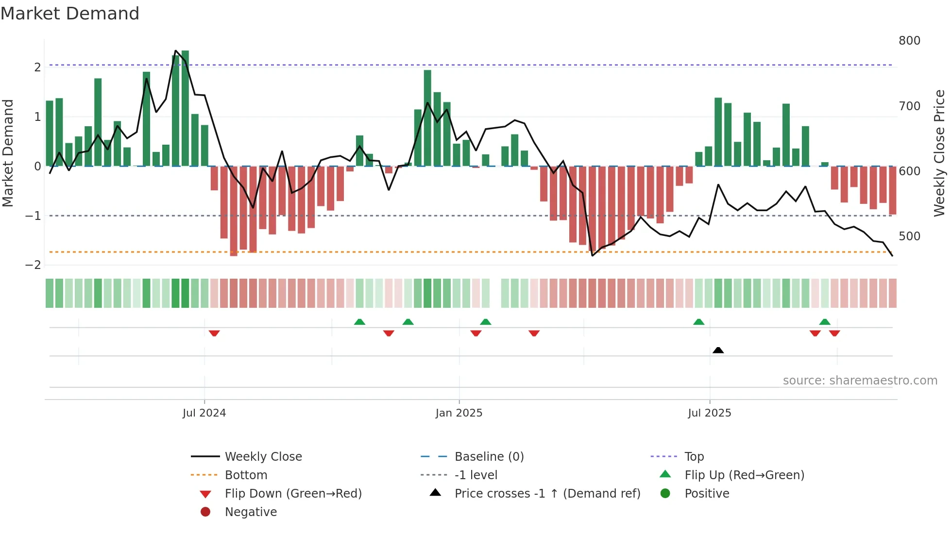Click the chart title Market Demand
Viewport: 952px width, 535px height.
[x=70, y=14]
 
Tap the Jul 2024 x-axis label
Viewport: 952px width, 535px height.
[x=204, y=413]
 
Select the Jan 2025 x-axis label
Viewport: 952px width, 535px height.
[x=459, y=413]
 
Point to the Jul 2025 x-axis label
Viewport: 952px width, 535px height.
[x=709, y=413]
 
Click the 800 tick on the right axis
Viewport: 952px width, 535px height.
[x=909, y=41]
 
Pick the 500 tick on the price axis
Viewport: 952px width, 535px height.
[x=909, y=236]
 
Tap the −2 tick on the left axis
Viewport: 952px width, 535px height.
[x=33, y=265]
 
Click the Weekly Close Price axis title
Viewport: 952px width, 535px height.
[x=939, y=153]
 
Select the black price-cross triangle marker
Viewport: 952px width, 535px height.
[x=718, y=350]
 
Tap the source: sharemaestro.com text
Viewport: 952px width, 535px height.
[x=860, y=381]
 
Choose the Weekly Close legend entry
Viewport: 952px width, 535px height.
[x=263, y=457]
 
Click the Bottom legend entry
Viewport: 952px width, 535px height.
[x=246, y=475]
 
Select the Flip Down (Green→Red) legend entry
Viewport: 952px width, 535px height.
[x=293, y=494]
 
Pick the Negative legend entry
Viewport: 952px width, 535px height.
[x=251, y=512]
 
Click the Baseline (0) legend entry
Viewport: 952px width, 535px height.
[x=489, y=457]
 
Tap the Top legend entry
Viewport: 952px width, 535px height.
[x=694, y=457]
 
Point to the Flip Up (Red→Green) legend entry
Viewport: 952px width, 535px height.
[x=744, y=475]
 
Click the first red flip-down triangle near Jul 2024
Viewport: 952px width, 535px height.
[x=214, y=333]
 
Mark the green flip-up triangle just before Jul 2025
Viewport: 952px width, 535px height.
[x=698, y=322]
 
